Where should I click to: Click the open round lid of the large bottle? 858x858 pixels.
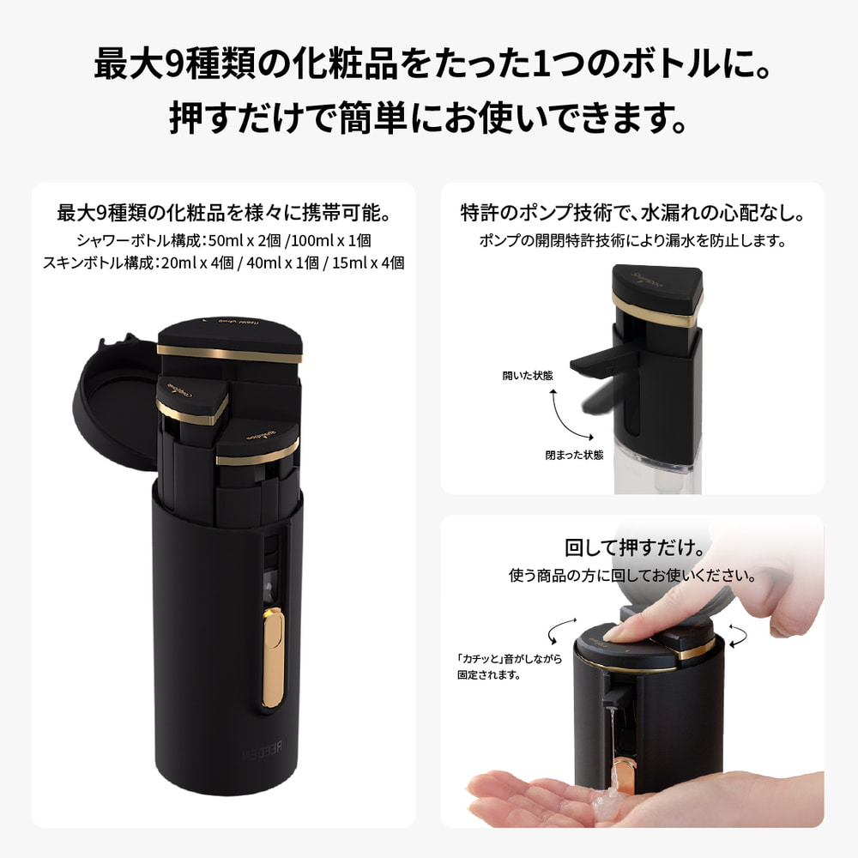[115, 385]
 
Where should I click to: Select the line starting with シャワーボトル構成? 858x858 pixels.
[223, 242]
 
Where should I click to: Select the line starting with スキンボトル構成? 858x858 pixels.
[223, 263]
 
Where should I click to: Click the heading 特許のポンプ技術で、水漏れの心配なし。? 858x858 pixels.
[632, 212]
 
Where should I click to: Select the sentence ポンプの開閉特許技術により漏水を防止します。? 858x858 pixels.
[632, 241]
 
